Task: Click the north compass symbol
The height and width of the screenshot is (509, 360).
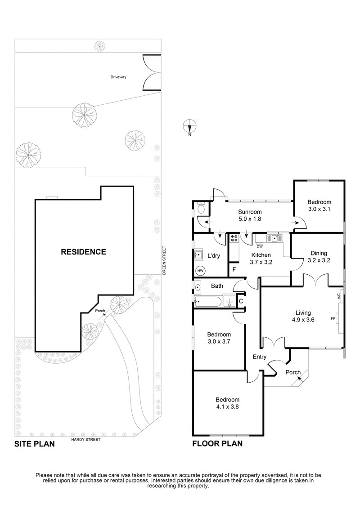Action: (x=190, y=126)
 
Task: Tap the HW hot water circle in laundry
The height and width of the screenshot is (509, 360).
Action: (x=200, y=271)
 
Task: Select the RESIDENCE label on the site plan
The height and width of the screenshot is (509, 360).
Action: (x=84, y=252)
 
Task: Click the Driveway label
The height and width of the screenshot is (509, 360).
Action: (x=118, y=77)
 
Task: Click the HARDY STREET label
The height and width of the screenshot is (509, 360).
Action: (x=85, y=439)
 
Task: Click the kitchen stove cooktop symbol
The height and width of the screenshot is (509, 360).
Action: (x=234, y=239)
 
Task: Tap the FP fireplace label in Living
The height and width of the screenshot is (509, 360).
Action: (x=333, y=318)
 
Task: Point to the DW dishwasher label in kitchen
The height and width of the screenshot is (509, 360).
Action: (x=259, y=246)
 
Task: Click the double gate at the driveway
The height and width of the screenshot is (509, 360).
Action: (x=151, y=72)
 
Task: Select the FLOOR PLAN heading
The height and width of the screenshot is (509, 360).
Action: (x=217, y=444)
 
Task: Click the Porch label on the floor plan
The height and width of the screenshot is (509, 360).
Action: (x=293, y=372)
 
